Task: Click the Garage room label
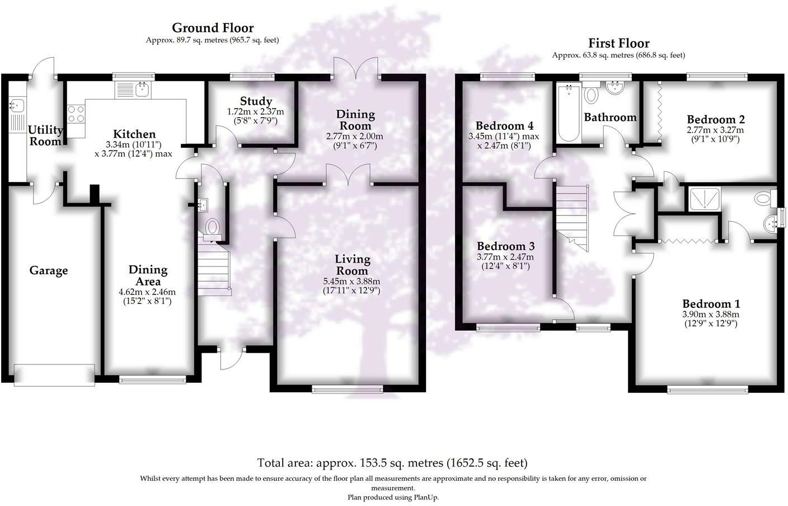click(x=49, y=270)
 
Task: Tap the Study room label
click(x=256, y=101)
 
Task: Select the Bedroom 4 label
click(x=504, y=125)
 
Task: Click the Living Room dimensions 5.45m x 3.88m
click(x=351, y=281)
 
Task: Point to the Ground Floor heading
click(x=213, y=27)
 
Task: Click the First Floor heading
click(x=619, y=43)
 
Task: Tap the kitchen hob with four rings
click(x=76, y=114)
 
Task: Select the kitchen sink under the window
click(x=134, y=90)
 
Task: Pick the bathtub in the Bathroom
click(x=569, y=113)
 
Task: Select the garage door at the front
click(x=54, y=375)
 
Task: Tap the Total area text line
click(x=392, y=463)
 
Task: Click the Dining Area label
click(x=148, y=275)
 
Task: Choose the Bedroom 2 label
click(x=716, y=119)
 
